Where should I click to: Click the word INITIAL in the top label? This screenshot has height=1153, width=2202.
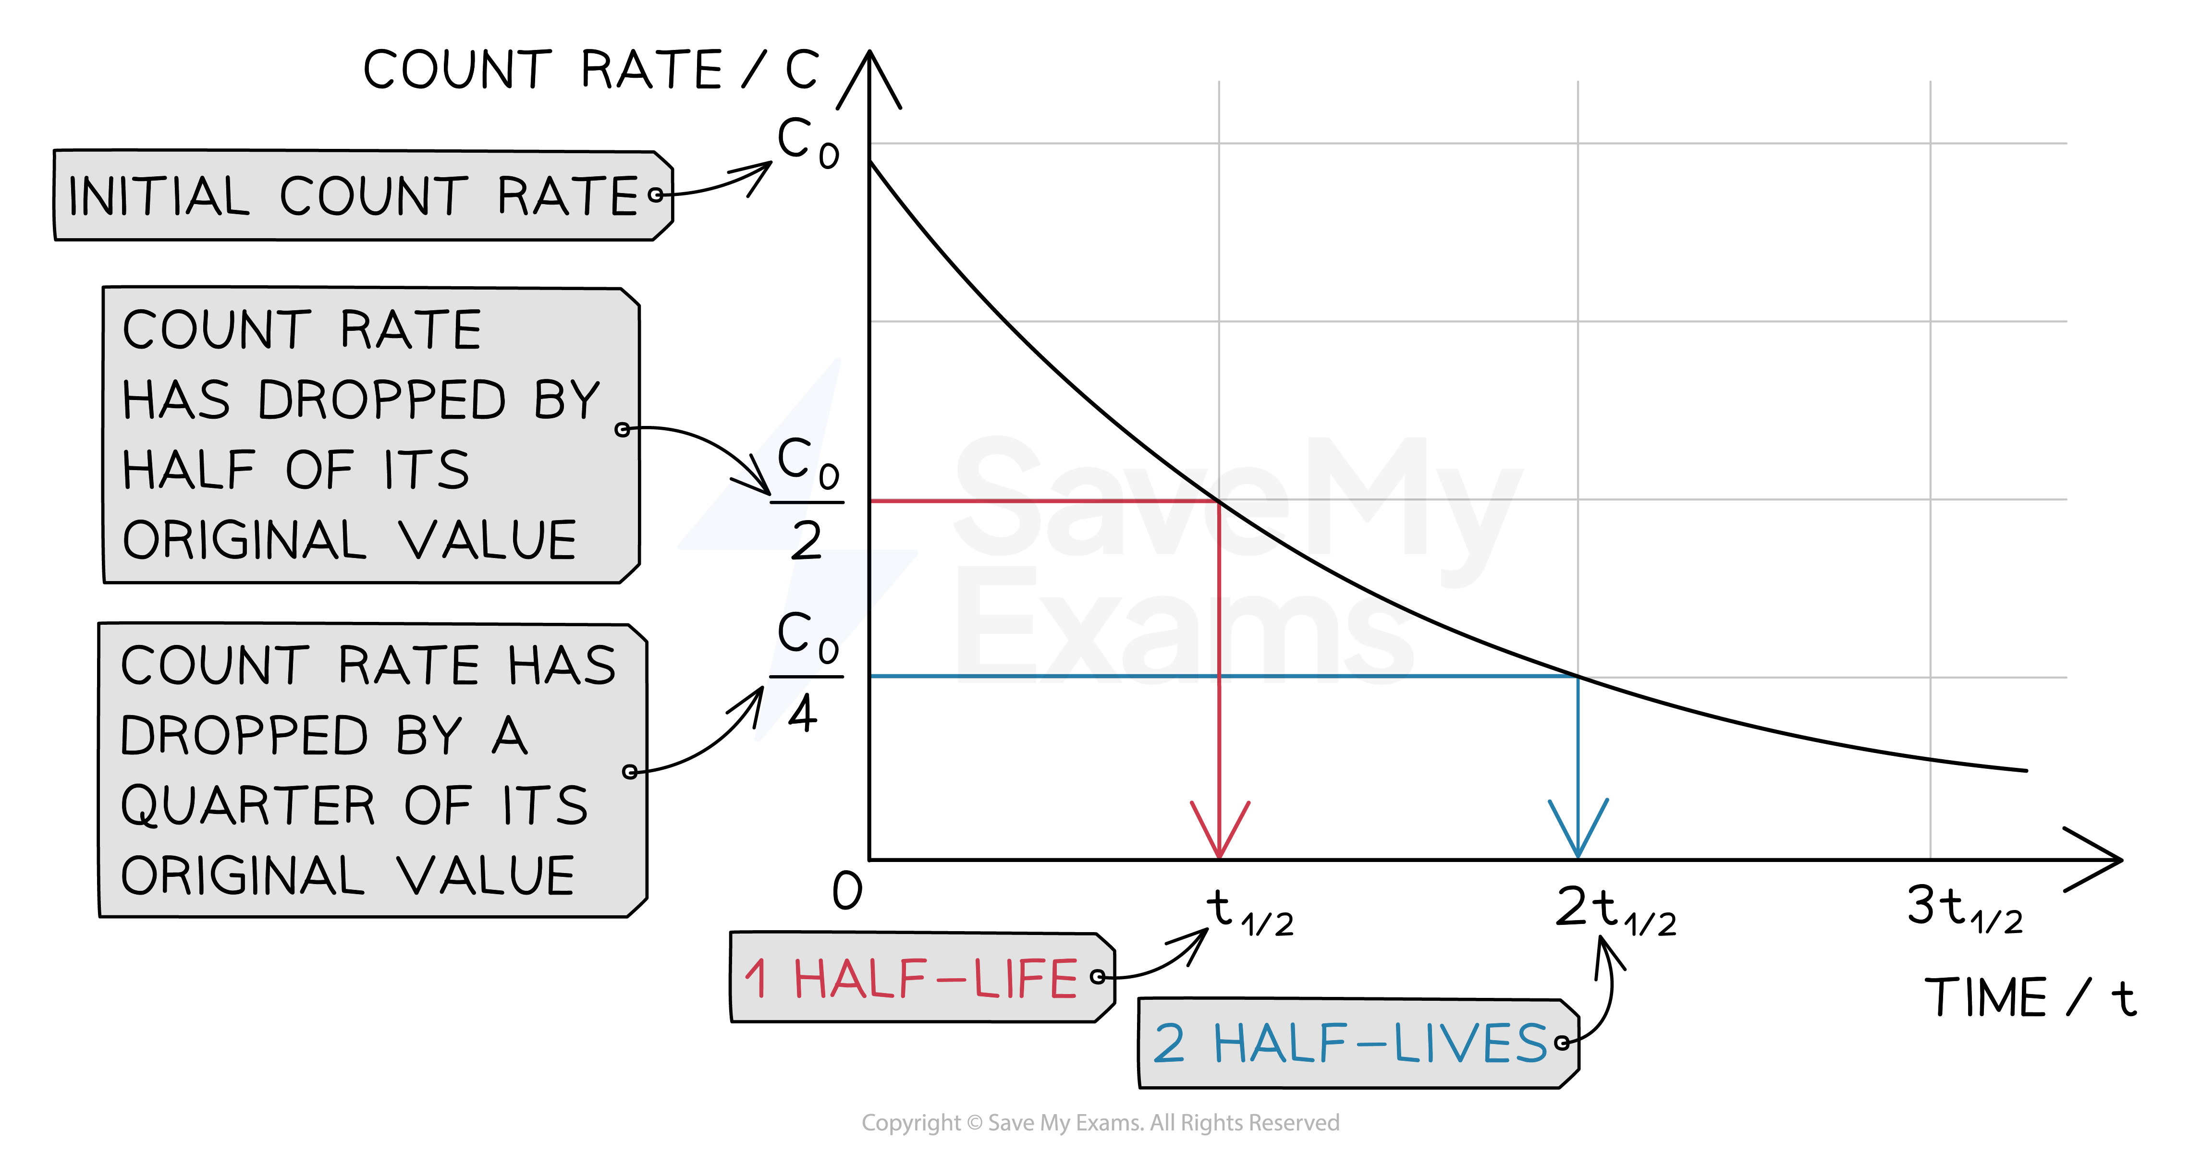158,196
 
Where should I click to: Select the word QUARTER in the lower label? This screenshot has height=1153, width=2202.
247,806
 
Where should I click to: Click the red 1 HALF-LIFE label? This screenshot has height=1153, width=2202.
921,978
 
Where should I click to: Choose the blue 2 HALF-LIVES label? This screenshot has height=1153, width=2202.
1358,1044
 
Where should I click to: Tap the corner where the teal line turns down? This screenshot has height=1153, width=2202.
1576,678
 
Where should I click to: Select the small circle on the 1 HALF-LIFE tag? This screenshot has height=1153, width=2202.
1098,977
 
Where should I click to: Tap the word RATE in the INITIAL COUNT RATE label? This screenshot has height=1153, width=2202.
568,196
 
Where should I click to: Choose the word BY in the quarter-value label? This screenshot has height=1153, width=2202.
428,736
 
